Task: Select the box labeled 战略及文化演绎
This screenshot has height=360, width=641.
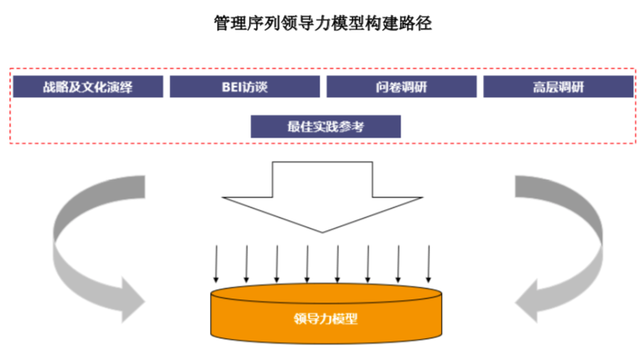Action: tap(88, 87)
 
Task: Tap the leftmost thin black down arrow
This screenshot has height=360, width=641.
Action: tap(215, 264)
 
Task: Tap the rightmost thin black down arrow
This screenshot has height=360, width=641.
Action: tap(429, 264)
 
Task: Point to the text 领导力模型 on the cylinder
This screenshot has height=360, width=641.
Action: tap(326, 319)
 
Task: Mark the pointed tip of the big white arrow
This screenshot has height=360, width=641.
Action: tap(326, 233)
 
